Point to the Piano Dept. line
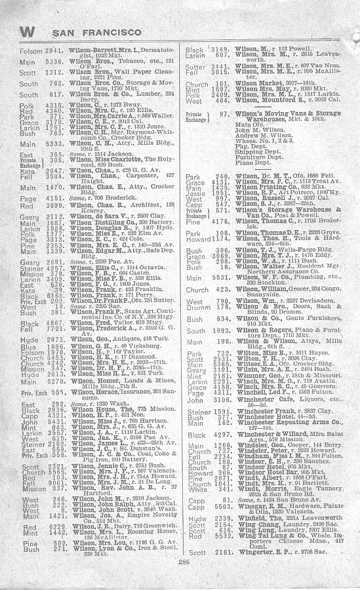254,163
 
